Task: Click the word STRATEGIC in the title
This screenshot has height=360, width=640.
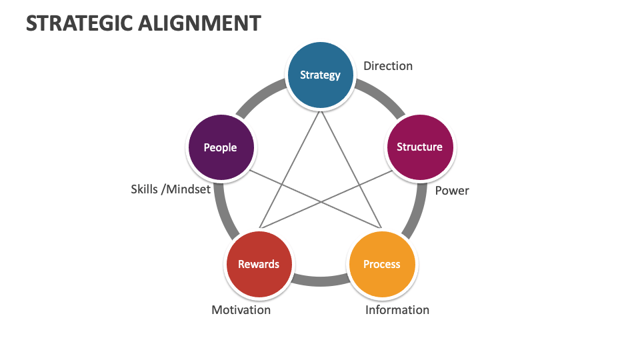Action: coord(79,23)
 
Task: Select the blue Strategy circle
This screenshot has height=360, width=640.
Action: coord(320,75)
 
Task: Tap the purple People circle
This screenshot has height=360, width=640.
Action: coord(220,147)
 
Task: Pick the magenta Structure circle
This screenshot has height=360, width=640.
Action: coord(419,147)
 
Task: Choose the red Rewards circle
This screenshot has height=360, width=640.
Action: coord(259,265)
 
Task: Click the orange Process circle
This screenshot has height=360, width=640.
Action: coord(382,265)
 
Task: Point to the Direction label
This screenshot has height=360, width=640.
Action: coord(388,66)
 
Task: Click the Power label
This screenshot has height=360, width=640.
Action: coord(452,191)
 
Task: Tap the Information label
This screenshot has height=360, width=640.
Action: coord(397,310)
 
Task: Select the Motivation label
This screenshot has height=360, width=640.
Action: coord(241,310)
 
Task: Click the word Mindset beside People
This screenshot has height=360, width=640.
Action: coord(189,189)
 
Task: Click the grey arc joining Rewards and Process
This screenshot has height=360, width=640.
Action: coord(321,281)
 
